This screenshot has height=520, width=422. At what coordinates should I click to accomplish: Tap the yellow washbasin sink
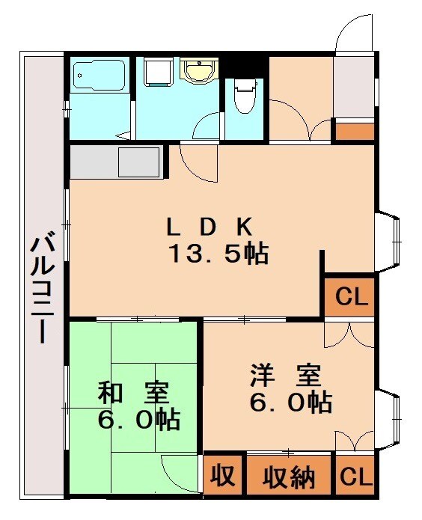coord(198,72)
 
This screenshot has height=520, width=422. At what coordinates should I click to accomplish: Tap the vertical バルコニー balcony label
coord(40,289)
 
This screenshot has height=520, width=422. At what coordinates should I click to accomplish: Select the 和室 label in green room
coord(134,393)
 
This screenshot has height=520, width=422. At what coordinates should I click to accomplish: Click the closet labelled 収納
coord(289,477)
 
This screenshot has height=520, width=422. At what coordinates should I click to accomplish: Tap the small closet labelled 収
coord(221,476)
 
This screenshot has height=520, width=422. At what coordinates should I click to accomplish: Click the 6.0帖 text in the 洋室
coord(291,403)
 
